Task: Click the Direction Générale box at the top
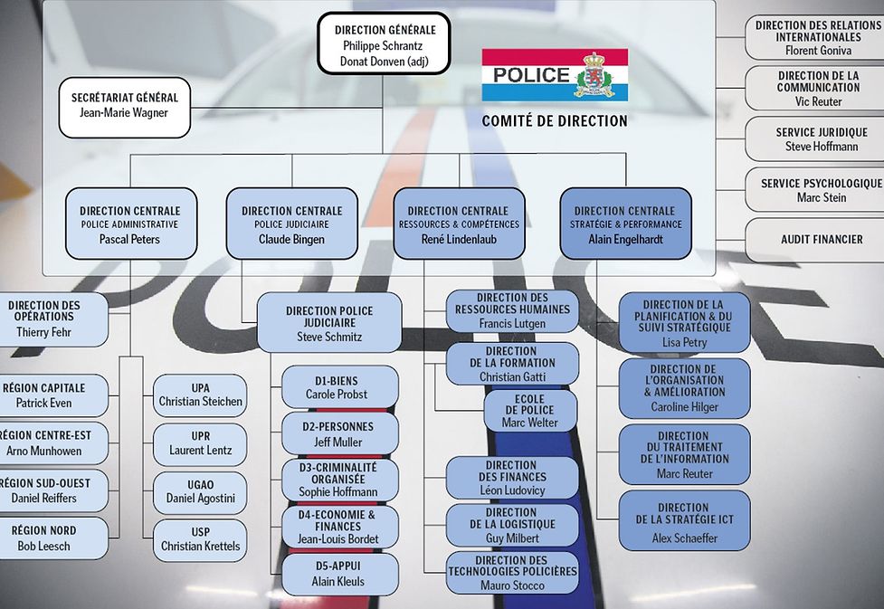(384, 43)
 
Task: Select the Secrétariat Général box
(125, 107)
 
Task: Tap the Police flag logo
(555, 75)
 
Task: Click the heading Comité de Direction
(554, 120)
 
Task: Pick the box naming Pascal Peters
(131, 224)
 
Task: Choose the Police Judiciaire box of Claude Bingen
(291, 224)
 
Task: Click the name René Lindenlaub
(459, 239)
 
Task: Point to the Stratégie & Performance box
(625, 224)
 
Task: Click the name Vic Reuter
(819, 101)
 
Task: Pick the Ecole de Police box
(530, 411)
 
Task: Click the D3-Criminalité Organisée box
(339, 480)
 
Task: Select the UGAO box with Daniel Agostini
(200, 492)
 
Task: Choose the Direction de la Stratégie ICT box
(684, 521)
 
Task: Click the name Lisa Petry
(684, 342)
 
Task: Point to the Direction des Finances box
(512, 478)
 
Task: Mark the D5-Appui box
(339, 574)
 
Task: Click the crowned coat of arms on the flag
(594, 75)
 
